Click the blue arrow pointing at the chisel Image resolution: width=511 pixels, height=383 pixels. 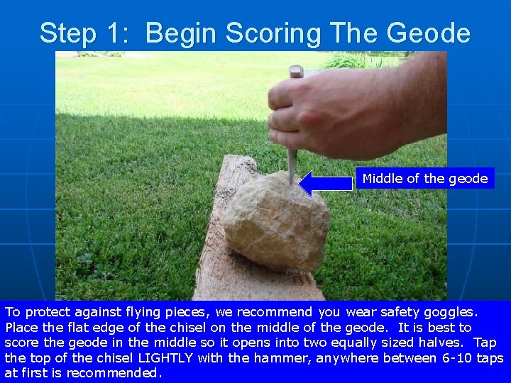(326, 183)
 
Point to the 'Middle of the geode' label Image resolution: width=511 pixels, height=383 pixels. (424, 179)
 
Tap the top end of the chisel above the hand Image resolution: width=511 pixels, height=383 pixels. (296, 72)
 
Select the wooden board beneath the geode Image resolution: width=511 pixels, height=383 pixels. (234, 270)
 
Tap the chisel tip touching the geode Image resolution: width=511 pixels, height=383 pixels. (291, 179)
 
